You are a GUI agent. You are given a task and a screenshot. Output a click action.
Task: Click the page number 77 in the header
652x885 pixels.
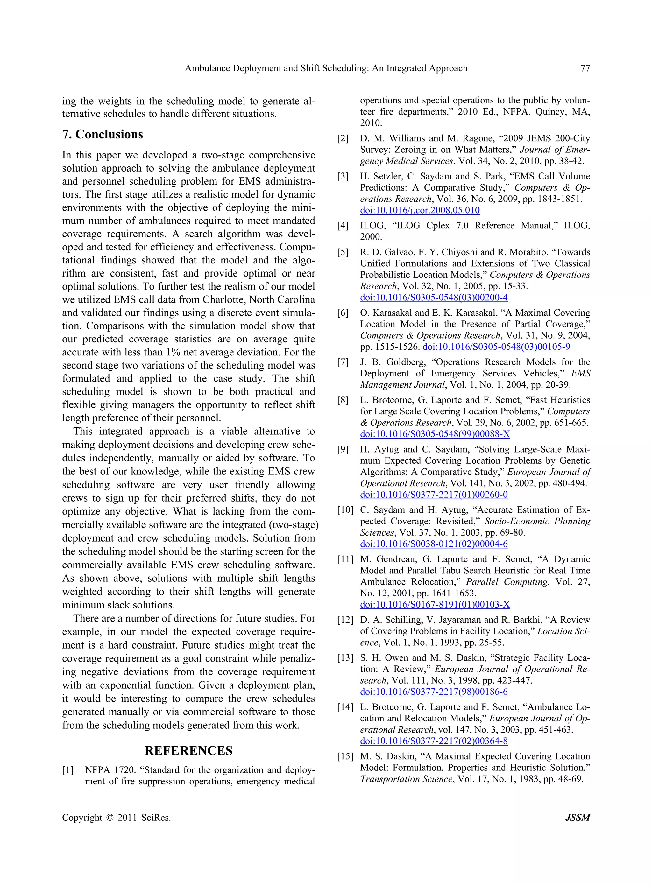(585, 68)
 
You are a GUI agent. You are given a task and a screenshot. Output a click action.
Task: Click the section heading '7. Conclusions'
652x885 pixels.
(103, 135)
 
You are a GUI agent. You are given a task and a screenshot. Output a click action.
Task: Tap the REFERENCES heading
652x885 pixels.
(189, 750)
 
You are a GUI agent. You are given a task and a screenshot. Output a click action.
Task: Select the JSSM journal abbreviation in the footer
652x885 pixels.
(578, 818)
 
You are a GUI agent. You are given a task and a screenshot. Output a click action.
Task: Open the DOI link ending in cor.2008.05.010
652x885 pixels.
(420, 210)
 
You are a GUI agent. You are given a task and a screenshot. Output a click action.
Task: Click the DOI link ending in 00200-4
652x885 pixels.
(434, 298)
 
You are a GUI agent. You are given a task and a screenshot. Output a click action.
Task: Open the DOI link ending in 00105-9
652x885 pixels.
(496, 347)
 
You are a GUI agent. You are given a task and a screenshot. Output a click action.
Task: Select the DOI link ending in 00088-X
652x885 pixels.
(435, 434)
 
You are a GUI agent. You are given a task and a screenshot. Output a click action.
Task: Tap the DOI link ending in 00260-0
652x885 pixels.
(434, 495)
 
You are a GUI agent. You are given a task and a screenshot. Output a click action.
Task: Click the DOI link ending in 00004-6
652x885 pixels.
(434, 544)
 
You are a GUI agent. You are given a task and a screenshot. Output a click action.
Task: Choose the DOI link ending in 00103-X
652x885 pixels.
(435, 604)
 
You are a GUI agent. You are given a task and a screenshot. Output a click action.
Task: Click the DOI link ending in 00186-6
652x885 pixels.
(434, 692)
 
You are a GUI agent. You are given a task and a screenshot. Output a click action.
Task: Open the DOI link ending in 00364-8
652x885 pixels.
(434, 741)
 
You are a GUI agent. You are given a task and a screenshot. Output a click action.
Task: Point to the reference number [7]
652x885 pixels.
(343, 362)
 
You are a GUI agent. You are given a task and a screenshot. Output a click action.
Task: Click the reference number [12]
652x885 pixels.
(345, 620)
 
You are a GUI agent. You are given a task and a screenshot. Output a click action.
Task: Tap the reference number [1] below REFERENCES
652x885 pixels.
(68, 770)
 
